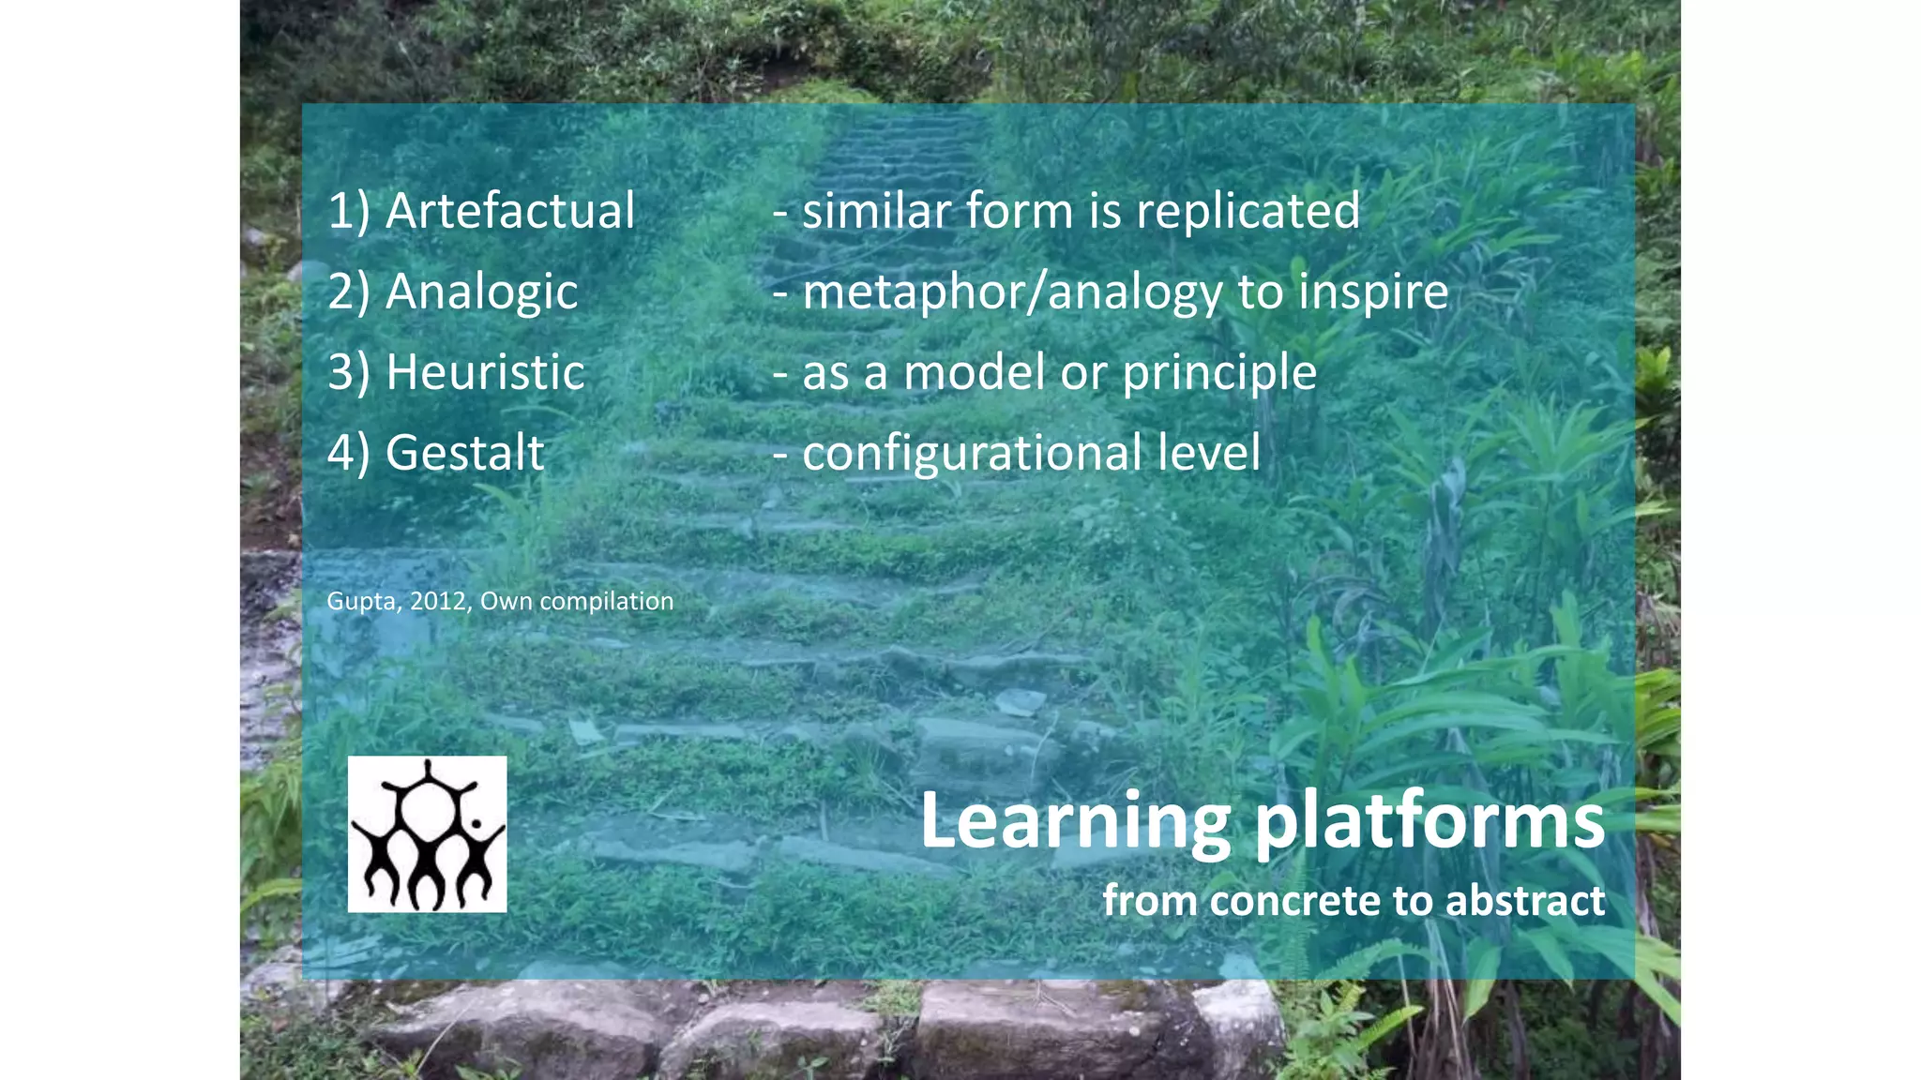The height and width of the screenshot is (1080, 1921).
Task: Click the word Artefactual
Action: [x=510, y=210]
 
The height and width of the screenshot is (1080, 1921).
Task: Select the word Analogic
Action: [x=481, y=292]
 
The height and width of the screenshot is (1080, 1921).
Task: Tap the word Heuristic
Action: [x=485, y=372]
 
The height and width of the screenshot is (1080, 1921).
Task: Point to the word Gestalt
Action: [x=464, y=453]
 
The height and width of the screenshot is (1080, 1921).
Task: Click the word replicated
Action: [x=1248, y=210]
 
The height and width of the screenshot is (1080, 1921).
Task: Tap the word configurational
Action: [x=972, y=453]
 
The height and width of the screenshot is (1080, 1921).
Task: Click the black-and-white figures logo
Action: [x=427, y=834]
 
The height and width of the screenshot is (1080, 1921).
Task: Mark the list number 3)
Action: [x=349, y=372]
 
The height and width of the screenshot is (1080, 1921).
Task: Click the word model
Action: [x=974, y=372]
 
